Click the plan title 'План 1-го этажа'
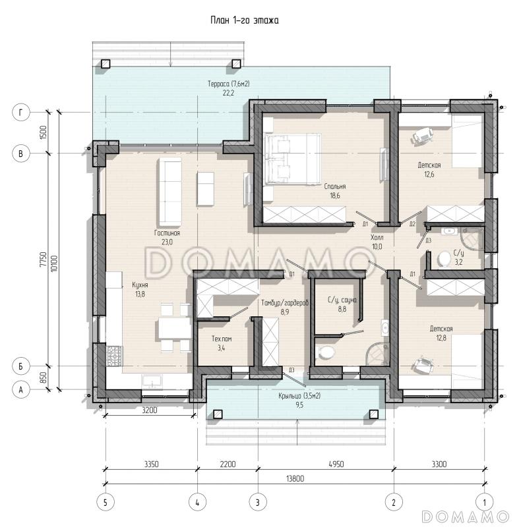[245, 20]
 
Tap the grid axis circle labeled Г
[21, 112]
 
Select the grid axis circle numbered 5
[106, 503]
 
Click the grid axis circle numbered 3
[258, 503]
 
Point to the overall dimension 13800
[295, 478]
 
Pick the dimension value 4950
[336, 464]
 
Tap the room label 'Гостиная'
[168, 233]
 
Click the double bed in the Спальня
[292, 159]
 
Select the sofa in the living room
[170, 192]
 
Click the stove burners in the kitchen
[115, 356]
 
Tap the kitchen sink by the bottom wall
[152, 382]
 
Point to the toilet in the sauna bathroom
[326, 352]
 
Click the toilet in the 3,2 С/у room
[444, 259]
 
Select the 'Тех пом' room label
[222, 339]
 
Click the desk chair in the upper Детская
[423, 136]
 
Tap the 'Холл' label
[377, 237]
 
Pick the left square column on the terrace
[106, 63]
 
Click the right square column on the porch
[374, 414]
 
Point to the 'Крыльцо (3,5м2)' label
[299, 396]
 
